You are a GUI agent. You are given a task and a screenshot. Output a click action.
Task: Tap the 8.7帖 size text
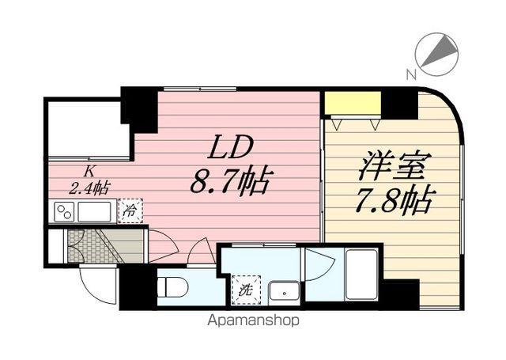pyautogui.click(x=229, y=182)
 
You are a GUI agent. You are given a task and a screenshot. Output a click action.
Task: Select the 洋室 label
pyautogui.click(x=394, y=168)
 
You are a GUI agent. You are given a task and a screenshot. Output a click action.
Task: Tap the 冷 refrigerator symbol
pyautogui.click(x=131, y=211)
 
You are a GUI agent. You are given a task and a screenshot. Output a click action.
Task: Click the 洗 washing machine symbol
pyautogui.click(x=244, y=290)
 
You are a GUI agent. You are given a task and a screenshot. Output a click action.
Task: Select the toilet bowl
pyautogui.click(x=173, y=286)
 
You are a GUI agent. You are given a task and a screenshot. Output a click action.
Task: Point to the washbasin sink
pyautogui.click(x=283, y=291)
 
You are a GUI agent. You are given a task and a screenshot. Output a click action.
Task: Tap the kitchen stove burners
pyautogui.click(x=64, y=212)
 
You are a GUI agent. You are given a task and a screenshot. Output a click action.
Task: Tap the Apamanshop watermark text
pyautogui.click(x=253, y=321)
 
